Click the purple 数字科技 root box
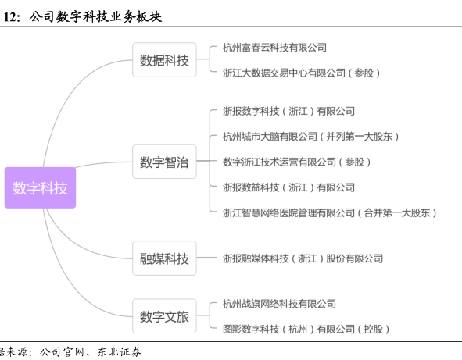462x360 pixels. [40, 187]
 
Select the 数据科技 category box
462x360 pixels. [164, 60]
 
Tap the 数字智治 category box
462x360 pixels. [164, 162]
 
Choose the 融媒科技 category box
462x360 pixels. [164, 258]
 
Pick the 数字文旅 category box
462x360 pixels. [164, 316]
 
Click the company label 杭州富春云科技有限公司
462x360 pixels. [274, 48]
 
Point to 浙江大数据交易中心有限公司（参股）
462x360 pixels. [301, 73]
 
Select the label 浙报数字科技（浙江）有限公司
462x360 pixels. [288, 111]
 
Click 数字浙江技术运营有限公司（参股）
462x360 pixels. [296, 162]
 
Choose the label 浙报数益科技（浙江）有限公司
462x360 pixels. [288, 187]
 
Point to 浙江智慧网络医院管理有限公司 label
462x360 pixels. [288, 212]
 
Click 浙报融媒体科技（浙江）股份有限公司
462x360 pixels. [303, 258]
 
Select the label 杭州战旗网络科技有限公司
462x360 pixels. [279, 304]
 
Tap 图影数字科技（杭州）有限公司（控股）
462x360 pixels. [306, 329]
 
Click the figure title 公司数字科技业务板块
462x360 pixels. [95, 16]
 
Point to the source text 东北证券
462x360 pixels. [120, 351]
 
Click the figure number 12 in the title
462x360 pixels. [9, 17]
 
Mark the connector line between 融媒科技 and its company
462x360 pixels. [206, 258]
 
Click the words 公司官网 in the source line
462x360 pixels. [62, 351]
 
